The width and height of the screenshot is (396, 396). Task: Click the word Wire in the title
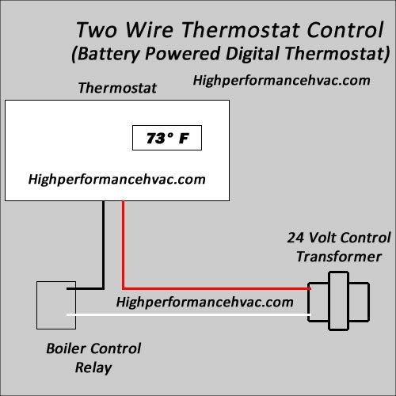149,30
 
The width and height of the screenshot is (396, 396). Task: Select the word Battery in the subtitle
108,54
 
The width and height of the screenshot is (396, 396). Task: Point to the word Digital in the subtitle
252,54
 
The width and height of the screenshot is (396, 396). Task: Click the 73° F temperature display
167,138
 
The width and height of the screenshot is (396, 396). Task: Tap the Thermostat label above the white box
117,88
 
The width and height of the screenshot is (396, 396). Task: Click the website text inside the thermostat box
116,180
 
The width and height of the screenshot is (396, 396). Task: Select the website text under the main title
281,81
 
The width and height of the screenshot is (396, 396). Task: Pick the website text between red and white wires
204,302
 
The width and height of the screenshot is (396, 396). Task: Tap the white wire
188,314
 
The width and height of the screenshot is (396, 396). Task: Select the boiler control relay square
56,305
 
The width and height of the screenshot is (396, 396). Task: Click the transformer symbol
338,301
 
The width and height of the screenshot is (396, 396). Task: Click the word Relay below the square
93,367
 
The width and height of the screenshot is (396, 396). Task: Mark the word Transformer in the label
339,257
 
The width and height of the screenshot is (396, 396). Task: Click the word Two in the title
97,30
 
